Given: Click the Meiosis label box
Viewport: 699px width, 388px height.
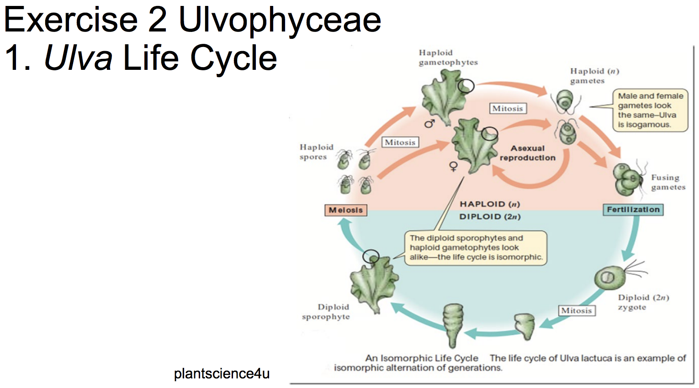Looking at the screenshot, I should pos(345,210).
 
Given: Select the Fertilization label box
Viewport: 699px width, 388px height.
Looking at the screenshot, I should pos(633,210).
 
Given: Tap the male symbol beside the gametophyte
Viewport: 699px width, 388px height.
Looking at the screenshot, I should pos(429,123).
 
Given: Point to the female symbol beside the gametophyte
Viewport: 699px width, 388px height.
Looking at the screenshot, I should pos(453,166).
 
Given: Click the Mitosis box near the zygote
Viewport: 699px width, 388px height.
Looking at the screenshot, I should pos(577,310).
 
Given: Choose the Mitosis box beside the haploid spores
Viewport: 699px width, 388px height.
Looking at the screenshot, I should pos(400,142).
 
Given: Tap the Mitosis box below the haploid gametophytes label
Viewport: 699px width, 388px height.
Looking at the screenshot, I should pos(507,109).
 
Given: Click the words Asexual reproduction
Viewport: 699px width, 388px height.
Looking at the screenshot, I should pos(527,153).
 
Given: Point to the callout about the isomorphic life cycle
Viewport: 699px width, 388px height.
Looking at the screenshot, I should pos(475,248).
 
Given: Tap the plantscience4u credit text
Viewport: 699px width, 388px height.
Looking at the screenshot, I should pos(222,373).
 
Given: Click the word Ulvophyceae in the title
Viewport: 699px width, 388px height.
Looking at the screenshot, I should pos(280,20).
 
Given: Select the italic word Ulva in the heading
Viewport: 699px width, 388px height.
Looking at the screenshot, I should pos(78,58).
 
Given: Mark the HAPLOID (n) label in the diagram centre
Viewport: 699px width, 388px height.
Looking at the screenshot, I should pos(490,204).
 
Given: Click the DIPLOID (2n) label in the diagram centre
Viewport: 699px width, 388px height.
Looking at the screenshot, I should pos(490,216).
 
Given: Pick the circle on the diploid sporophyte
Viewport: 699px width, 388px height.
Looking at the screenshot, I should pos(371,256).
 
